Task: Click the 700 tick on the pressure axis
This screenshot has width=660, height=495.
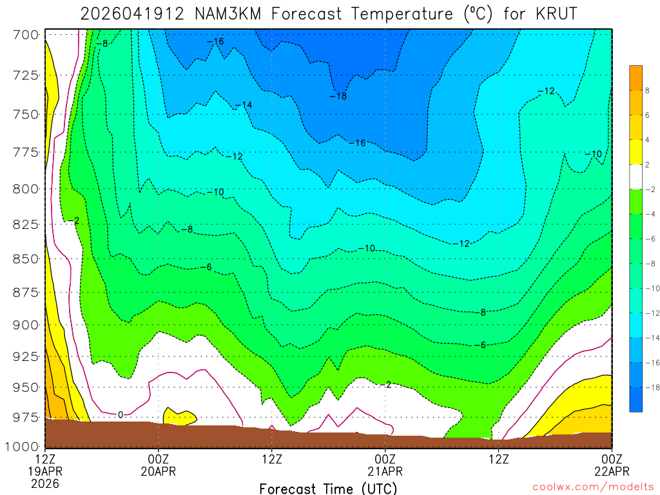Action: [26, 34]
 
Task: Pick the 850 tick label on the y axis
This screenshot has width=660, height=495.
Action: [26, 258]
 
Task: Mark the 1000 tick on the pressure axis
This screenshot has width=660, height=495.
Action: [23, 446]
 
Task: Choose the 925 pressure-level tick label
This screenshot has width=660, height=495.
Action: [26, 356]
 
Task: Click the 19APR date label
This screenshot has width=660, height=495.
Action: [45, 471]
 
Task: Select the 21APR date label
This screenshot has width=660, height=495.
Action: [385, 471]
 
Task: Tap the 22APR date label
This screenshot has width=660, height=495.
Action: [611, 471]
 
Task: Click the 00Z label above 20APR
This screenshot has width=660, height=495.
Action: [159, 459]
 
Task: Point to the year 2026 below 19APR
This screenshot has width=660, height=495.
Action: [45, 483]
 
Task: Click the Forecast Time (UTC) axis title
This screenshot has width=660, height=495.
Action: [328, 488]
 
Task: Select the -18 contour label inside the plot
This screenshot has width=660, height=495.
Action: [338, 96]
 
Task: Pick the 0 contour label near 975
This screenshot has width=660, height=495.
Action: [120, 414]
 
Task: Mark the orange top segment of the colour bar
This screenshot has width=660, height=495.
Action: [636, 77]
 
